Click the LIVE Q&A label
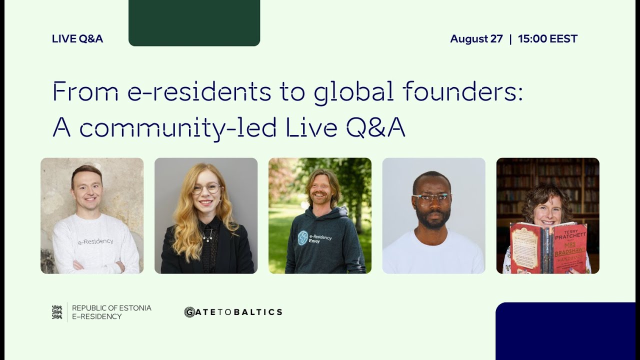tap(77, 39)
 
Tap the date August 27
tap(476, 39)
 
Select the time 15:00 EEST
tap(547, 39)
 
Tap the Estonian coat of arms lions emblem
tap(57, 312)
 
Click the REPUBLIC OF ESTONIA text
tap(111, 308)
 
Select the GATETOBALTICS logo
tap(233, 312)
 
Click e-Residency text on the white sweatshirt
tap(95, 241)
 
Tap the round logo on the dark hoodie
tap(302, 237)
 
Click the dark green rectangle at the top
tap(194, 22)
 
